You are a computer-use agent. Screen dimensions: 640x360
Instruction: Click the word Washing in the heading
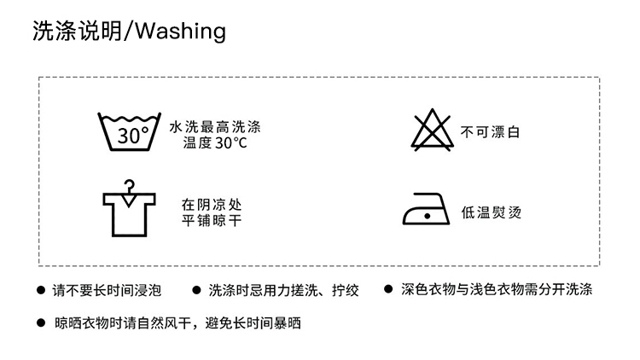[x=180, y=32]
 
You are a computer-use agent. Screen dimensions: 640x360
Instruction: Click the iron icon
[x=426, y=210]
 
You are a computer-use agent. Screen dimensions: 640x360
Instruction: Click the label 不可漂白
[x=491, y=132]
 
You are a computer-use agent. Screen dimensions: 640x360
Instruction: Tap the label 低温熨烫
[x=491, y=212]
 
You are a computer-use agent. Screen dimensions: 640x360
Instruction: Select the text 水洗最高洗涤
[x=214, y=126]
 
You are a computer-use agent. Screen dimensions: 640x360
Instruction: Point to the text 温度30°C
[x=214, y=142]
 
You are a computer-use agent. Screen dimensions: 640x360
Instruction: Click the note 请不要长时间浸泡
[x=107, y=290]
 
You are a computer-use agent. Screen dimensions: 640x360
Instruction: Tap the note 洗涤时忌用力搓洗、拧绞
[x=283, y=290]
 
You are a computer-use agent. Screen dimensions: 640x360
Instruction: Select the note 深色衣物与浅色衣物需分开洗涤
[x=497, y=290]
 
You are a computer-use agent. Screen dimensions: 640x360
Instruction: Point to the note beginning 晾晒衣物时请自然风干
[x=177, y=323]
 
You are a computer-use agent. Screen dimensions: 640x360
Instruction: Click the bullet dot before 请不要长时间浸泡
[x=40, y=290]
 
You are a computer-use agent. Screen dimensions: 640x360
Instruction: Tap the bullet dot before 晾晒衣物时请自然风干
[x=40, y=323]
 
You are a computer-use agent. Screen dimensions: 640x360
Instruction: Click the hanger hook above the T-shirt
[x=130, y=186]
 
